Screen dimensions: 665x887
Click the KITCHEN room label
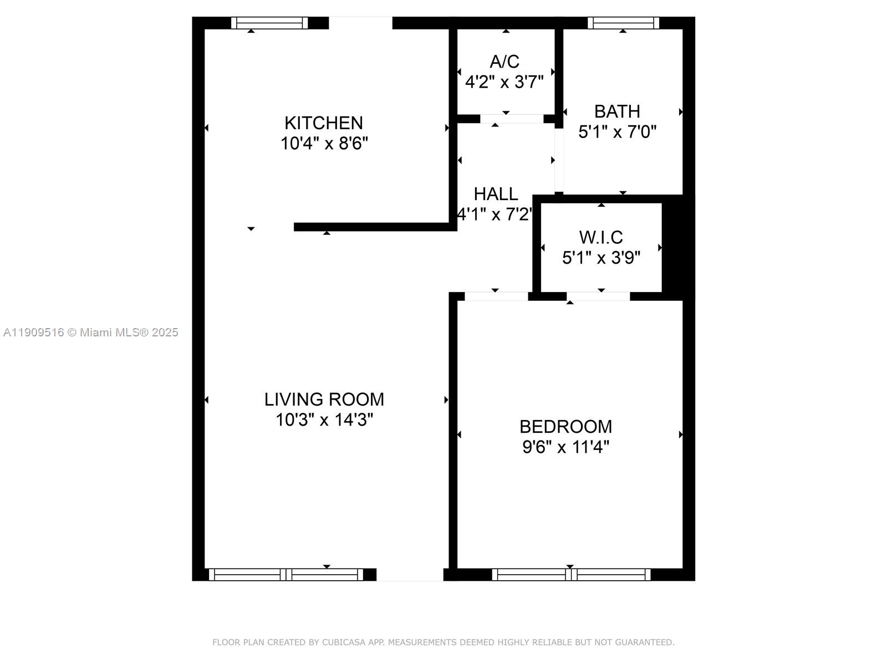[x=324, y=122]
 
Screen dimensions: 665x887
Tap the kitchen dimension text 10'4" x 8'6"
[x=324, y=144]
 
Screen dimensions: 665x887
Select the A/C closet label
[x=504, y=61]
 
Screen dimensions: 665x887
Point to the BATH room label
[x=617, y=111]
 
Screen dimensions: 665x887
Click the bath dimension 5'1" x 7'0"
[x=617, y=132]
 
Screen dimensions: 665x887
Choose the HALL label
[x=496, y=194]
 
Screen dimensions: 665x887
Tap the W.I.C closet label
[x=601, y=237]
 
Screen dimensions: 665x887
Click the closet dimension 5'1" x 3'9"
[x=601, y=258]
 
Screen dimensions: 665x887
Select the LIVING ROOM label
[x=324, y=399]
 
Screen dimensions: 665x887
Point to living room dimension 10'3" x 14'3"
[x=324, y=420]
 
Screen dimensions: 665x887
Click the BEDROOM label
[x=565, y=426]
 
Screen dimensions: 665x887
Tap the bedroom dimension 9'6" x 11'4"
[x=565, y=447]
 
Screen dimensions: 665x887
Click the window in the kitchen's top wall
[x=269, y=23]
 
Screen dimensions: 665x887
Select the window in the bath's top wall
[x=623, y=23]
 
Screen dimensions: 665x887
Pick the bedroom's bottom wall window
[x=571, y=575]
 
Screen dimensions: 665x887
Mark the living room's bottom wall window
[x=286, y=575]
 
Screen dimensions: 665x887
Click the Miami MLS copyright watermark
[x=90, y=332]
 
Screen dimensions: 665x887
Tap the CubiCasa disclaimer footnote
[x=443, y=642]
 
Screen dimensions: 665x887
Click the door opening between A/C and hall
[x=511, y=119]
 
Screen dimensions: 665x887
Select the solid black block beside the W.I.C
[x=678, y=247]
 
